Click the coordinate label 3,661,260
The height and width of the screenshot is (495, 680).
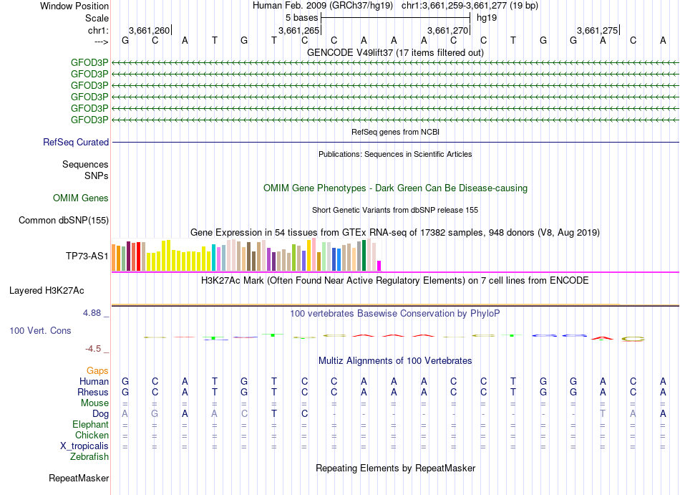coord(149,31)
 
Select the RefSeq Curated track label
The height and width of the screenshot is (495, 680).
coord(76,143)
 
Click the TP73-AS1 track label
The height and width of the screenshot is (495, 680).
coord(87,256)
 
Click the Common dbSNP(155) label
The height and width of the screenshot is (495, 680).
coord(63,221)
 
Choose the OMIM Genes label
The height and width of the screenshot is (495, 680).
coord(81,198)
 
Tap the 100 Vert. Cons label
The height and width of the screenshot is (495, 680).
coord(40,331)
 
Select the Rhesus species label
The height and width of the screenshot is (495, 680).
coord(93,393)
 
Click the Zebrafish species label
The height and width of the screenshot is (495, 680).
coord(89,456)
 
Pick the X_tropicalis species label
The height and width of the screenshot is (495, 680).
coord(84,446)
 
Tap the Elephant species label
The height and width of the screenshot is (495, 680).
coord(91,425)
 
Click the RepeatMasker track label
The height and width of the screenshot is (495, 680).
coord(79,478)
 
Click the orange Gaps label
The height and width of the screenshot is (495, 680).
coord(97,370)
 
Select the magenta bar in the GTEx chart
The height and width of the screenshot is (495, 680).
coord(379,266)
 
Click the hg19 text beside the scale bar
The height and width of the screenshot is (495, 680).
coord(487,17)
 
